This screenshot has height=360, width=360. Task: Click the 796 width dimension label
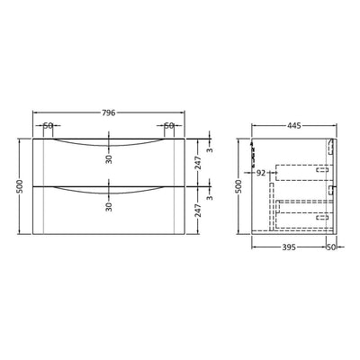(109, 112)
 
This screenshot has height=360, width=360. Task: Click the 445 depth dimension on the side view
(294, 126)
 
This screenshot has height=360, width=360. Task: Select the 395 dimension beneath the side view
(289, 247)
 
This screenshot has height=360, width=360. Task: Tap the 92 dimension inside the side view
(261, 173)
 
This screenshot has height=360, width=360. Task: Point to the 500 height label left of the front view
(20, 186)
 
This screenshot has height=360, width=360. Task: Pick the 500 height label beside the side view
(238, 186)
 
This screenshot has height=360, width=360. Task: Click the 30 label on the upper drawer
(109, 159)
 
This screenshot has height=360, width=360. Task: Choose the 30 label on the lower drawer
(109, 207)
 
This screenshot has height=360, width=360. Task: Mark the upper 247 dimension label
(198, 163)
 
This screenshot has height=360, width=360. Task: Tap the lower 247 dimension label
(198, 210)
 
